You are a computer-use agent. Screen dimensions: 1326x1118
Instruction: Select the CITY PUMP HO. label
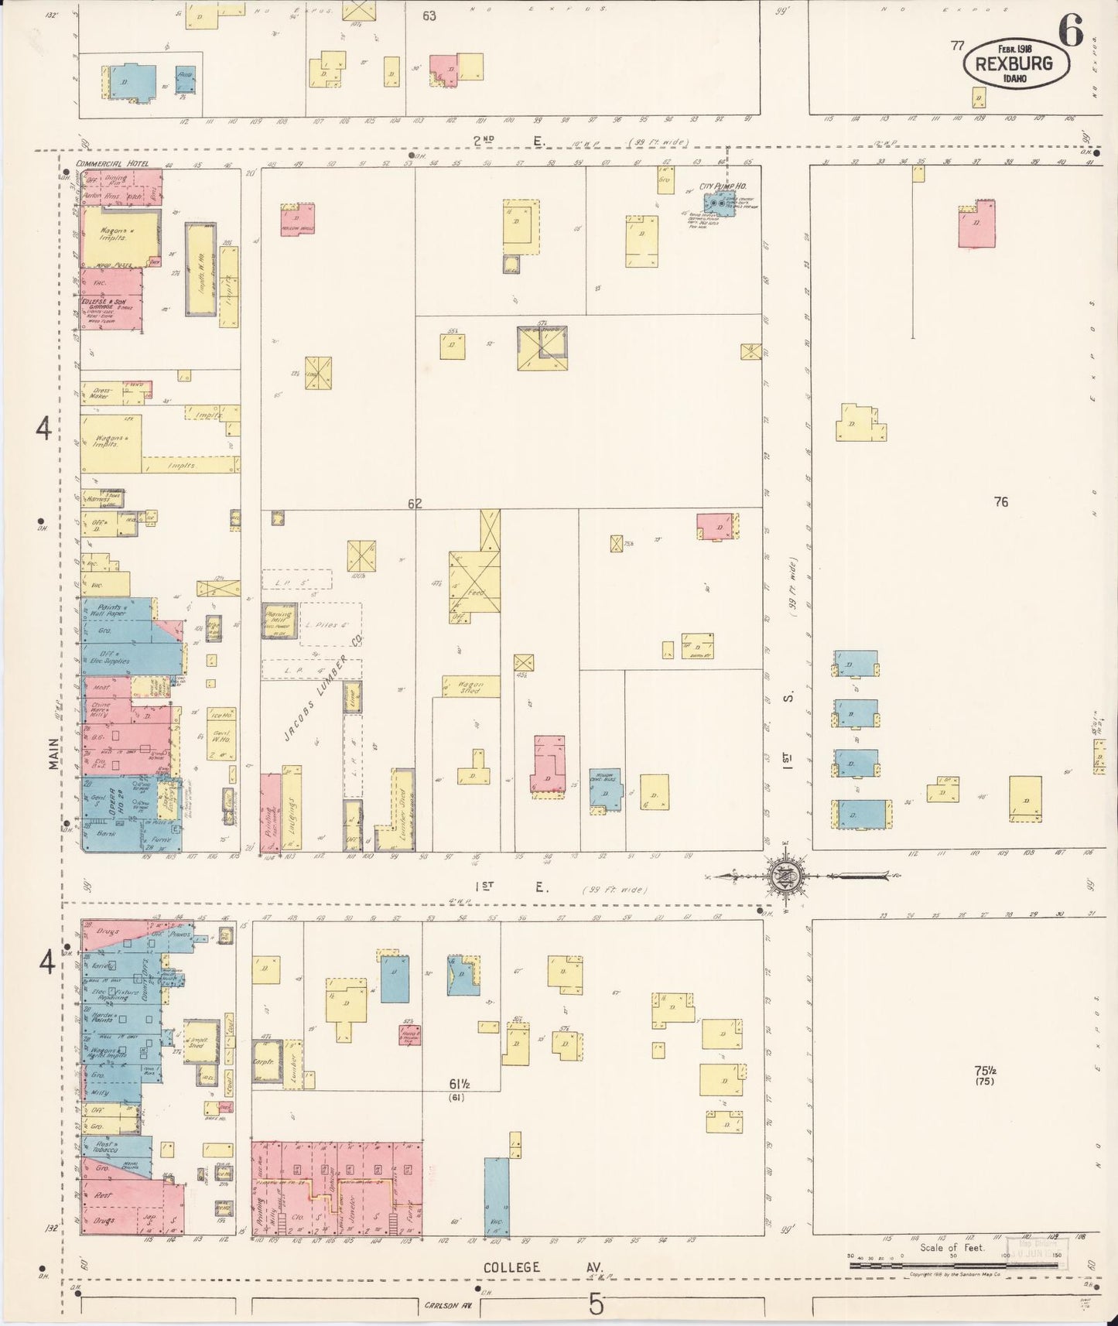point(715,186)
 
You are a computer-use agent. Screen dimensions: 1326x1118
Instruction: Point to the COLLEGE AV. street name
point(542,1268)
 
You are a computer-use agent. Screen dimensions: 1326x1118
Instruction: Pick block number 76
point(1001,502)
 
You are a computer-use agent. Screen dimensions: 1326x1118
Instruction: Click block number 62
point(415,504)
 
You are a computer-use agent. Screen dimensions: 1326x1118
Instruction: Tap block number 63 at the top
point(429,15)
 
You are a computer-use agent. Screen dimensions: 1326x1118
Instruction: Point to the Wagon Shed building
point(470,686)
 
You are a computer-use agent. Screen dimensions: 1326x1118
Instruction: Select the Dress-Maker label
point(99,392)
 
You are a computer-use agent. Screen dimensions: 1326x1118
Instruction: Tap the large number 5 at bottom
point(595,1304)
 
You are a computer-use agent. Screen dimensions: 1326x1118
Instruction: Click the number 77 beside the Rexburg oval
point(958,46)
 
